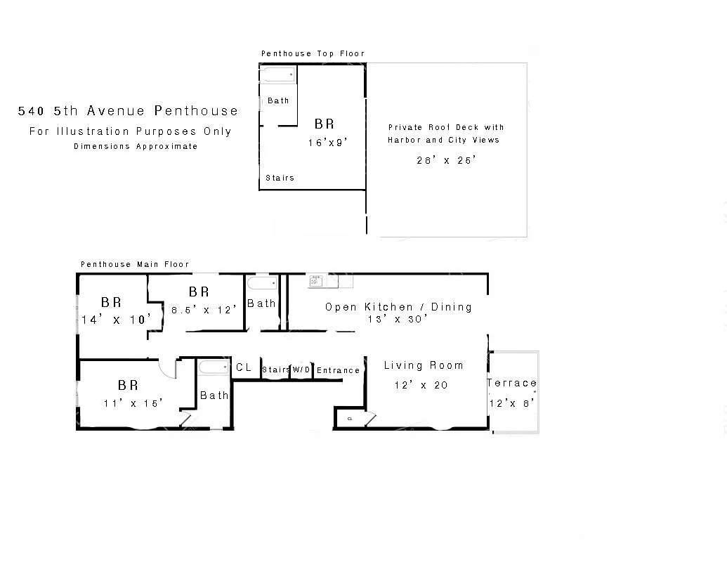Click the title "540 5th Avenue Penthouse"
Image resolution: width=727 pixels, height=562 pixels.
point(128,111)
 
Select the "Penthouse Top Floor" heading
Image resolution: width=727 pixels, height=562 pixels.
point(313,53)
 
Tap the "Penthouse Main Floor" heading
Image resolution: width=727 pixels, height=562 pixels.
point(135,264)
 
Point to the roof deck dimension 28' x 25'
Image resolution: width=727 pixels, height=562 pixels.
point(446,159)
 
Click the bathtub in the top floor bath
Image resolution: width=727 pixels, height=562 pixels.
point(278,74)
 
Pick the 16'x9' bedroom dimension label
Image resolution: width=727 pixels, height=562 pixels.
point(327,142)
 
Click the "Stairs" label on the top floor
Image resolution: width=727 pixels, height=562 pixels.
point(280,178)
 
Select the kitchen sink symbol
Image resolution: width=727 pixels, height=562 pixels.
point(316,282)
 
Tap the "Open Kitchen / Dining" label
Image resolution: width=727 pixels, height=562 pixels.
point(398,306)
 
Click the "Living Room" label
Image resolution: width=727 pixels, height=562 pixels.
point(424,365)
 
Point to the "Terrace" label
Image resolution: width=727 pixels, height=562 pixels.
point(511,383)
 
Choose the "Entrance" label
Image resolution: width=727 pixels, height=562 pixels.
point(338,370)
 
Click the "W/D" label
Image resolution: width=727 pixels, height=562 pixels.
point(301,370)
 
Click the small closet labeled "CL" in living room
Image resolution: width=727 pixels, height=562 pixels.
point(350,419)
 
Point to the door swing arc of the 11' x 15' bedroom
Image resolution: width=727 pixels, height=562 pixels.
point(166,366)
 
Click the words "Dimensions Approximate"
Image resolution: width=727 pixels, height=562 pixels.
point(136,147)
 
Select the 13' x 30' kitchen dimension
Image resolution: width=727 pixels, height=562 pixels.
point(398,319)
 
